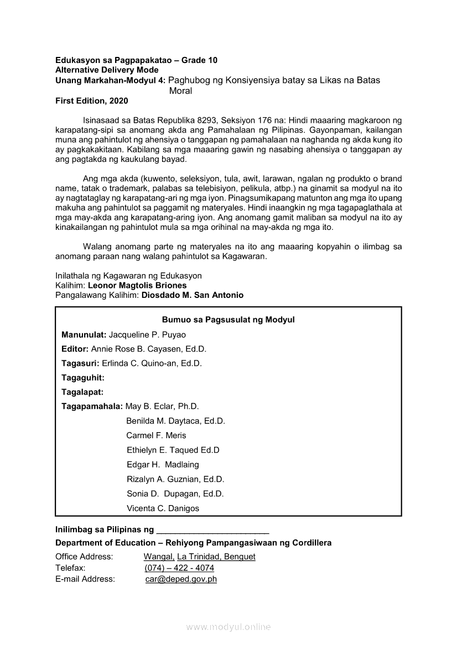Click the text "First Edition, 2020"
[91, 101]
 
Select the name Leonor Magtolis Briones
[137, 285]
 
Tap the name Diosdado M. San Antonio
[193, 295]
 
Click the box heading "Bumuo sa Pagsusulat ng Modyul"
[228, 320]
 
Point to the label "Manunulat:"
[84, 335]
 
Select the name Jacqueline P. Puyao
[147, 335]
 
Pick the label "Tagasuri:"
[80, 364]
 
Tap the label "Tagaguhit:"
[83, 378]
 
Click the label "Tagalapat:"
[82, 392]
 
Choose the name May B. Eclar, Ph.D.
[162, 407]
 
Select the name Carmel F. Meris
[156, 435]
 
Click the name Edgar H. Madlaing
[163, 465]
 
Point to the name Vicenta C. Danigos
[163, 508]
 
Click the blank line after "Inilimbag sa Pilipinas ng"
[213, 529]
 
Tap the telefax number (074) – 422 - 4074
[179, 568]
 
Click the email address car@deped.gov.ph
[181, 579]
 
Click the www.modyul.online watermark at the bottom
[228, 627]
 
